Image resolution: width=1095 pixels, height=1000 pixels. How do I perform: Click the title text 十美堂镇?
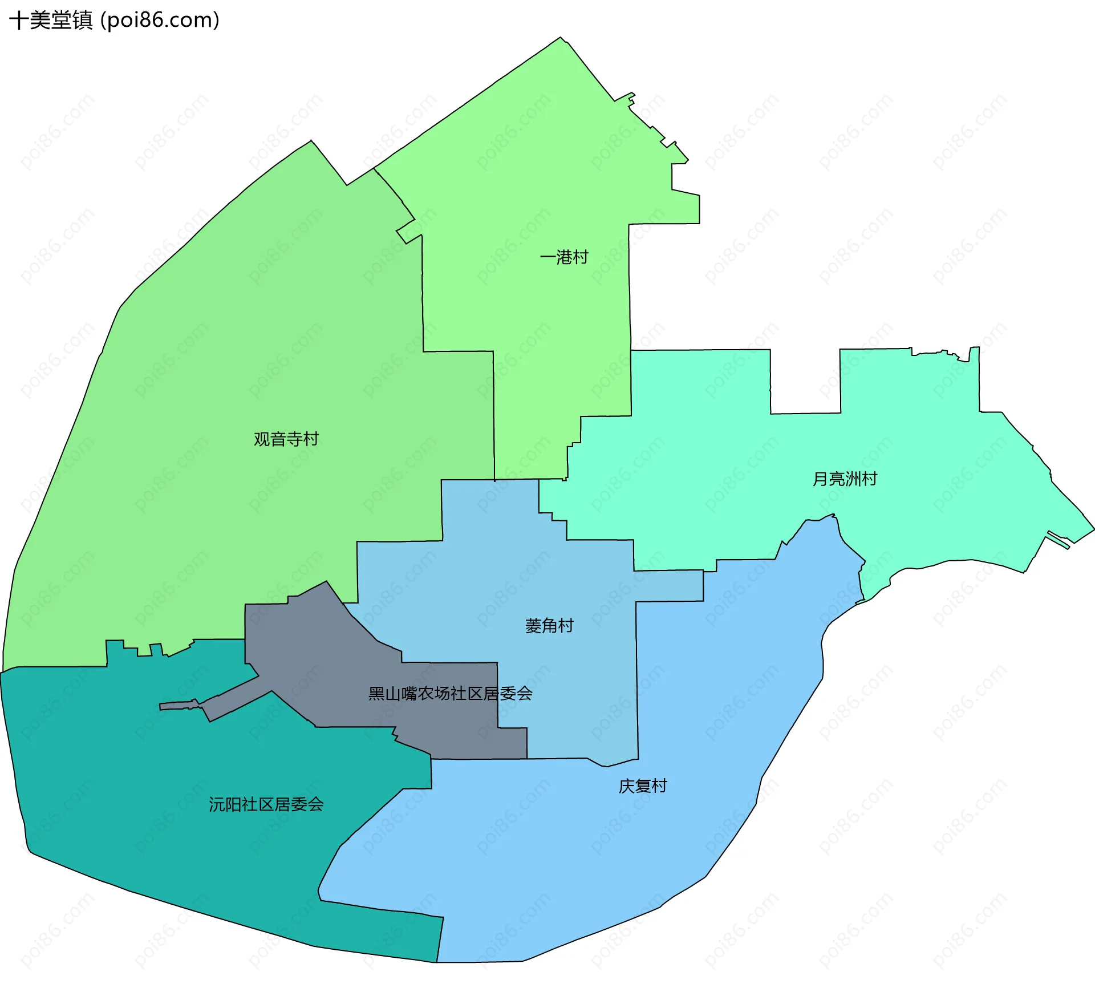(x=51, y=21)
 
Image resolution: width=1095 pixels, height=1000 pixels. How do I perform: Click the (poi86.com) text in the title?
(x=160, y=21)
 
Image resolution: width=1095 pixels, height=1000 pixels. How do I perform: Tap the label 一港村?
(x=564, y=257)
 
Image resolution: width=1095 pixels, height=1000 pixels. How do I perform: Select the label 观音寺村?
(x=286, y=439)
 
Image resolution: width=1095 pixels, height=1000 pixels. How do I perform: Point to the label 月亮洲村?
(x=845, y=479)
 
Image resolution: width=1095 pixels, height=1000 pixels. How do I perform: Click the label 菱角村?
(x=549, y=626)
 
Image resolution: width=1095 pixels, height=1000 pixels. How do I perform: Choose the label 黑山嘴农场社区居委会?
(x=450, y=694)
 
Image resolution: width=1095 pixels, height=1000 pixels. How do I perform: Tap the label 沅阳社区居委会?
(x=266, y=804)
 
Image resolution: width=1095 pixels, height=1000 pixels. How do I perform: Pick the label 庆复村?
(x=643, y=786)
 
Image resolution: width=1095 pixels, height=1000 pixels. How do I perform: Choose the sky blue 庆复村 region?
(x=570, y=856)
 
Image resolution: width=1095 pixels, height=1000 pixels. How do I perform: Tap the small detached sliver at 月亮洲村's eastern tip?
(x=1058, y=540)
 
